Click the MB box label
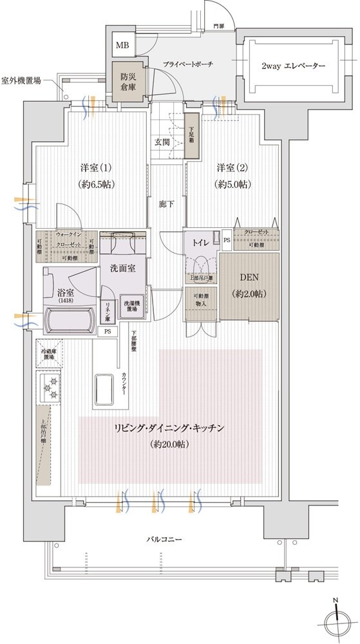(x=122, y=46)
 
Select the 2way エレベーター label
(x=293, y=66)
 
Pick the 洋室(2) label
(x=232, y=168)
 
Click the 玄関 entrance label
(x=161, y=142)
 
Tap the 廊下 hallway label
(x=166, y=204)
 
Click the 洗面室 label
(x=122, y=268)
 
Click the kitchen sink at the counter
(x=107, y=388)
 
